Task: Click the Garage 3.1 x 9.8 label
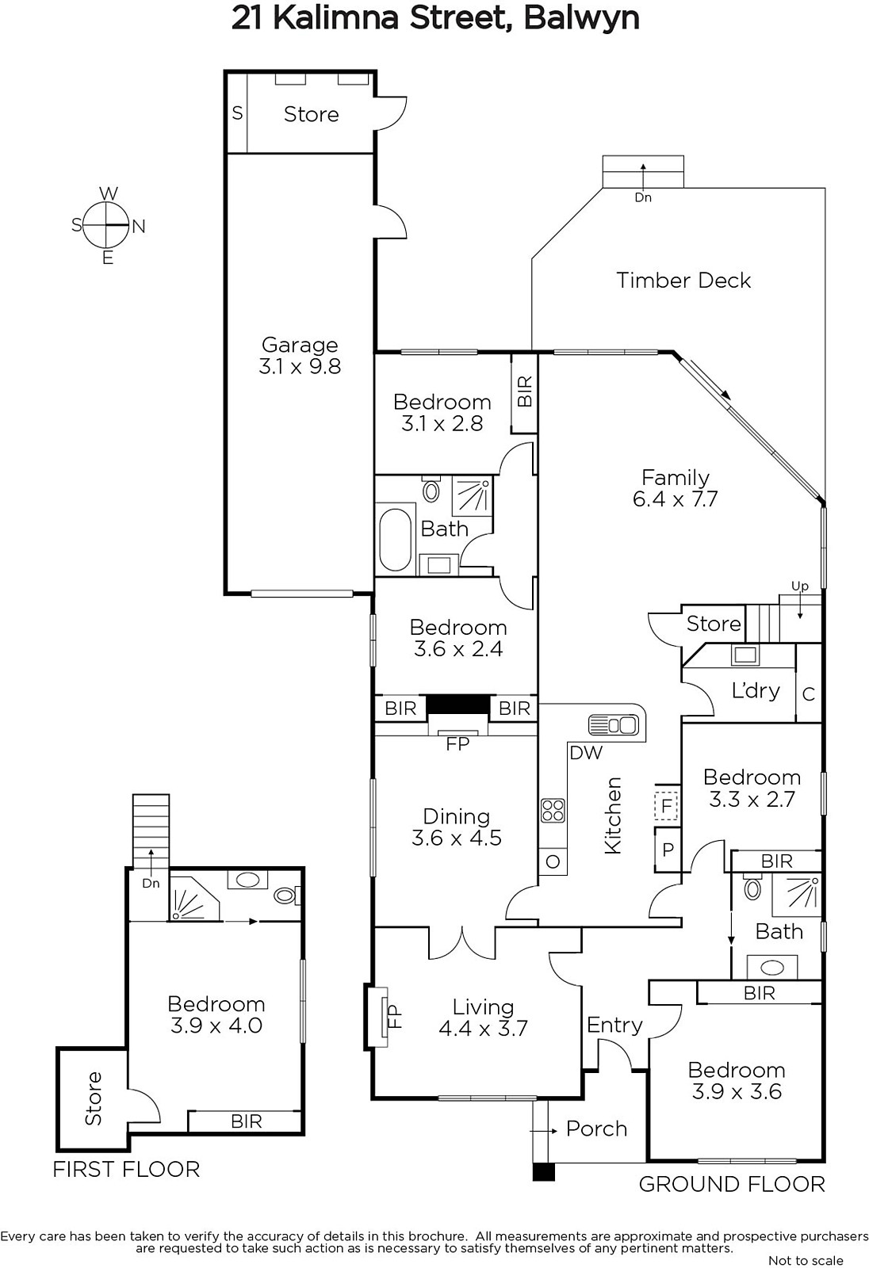pos(300,356)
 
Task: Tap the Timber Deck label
pos(683,281)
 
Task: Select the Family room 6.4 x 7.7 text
pos(675,488)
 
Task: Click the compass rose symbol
pos(107,225)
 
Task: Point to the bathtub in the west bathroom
pos(395,540)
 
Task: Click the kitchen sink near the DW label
pos(614,725)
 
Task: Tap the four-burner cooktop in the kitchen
pos(553,809)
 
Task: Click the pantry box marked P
pos(668,849)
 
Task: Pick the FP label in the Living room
pos(393,1016)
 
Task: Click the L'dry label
pos(756,690)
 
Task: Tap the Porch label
pos(596,1129)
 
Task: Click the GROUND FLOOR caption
pos(732,1184)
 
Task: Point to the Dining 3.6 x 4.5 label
pos(457,827)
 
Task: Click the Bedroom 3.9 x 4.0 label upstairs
pos(216,1014)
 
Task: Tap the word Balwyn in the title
pos(581,18)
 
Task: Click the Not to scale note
pos(806,1261)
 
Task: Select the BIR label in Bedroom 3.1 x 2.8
pos(525,391)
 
